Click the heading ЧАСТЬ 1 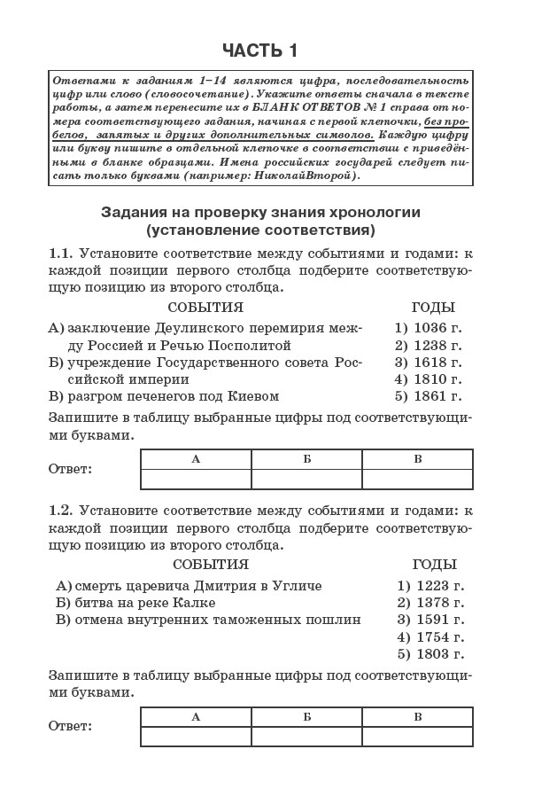[259, 50]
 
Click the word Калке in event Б [196, 603]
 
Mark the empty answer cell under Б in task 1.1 [306, 479]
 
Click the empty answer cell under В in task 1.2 [417, 736]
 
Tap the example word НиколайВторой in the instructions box [306, 176]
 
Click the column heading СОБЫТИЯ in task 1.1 [205, 308]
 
